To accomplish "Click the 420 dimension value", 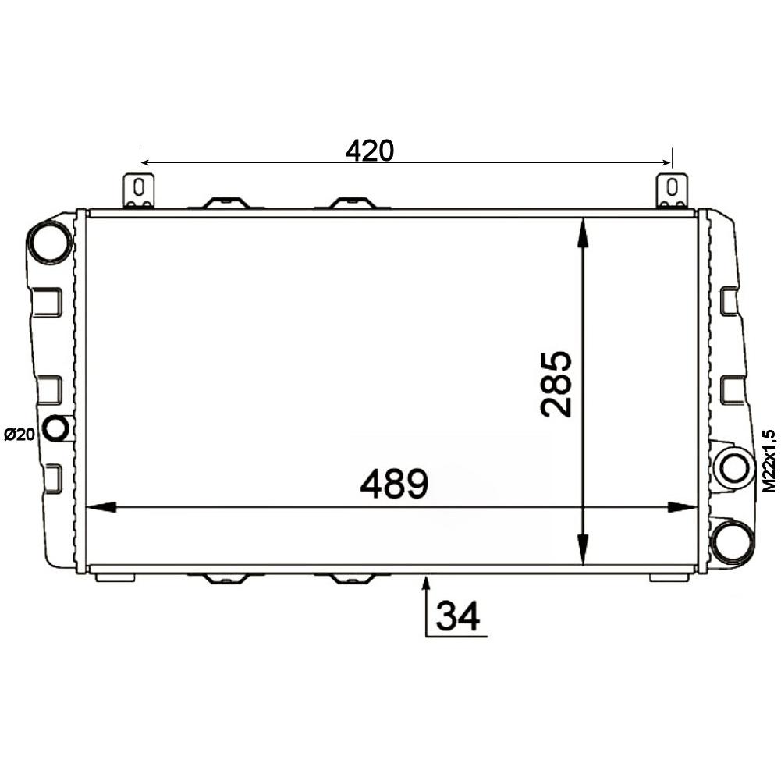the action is (370, 151).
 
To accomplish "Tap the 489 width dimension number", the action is (394, 483).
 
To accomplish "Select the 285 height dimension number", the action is (556, 384).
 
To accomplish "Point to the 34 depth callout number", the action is (457, 616).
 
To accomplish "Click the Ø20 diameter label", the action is (20, 435).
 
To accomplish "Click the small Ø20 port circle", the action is (55, 428).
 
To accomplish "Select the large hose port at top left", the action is (50, 241).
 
